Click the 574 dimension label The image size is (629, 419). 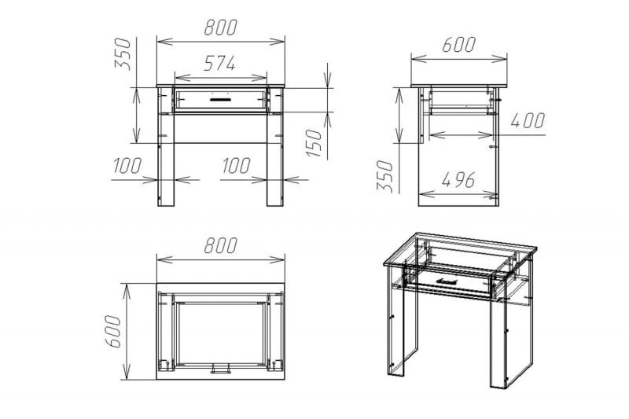(x=219, y=64)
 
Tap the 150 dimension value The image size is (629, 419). (x=314, y=143)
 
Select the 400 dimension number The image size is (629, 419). (x=528, y=120)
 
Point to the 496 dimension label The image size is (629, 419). (x=458, y=180)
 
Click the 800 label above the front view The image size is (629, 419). (x=221, y=28)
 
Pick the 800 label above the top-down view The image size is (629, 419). (x=221, y=245)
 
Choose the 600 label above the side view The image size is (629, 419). (x=459, y=45)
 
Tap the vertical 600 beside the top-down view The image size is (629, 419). (x=112, y=331)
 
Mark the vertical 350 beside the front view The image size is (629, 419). (x=123, y=54)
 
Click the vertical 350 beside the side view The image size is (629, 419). (x=384, y=176)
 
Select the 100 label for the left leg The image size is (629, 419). (x=127, y=166)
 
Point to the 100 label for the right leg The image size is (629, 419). (x=237, y=166)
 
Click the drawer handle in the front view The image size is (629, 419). (x=220, y=98)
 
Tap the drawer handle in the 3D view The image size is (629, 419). (x=447, y=281)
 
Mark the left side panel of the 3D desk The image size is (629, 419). (x=403, y=321)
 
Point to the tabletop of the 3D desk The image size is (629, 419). (x=461, y=251)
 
